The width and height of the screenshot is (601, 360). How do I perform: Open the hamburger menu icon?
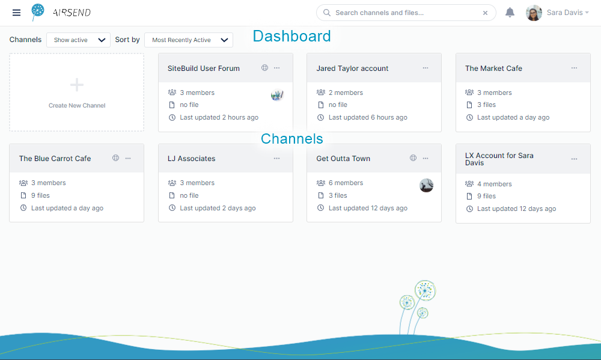(16, 13)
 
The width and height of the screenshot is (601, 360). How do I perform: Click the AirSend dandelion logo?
(37, 12)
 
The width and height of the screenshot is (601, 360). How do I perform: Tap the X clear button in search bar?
(485, 13)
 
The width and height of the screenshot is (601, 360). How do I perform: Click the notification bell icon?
(510, 13)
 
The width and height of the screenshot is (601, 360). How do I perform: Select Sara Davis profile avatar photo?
(534, 13)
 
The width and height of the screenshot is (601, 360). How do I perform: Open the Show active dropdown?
(78, 40)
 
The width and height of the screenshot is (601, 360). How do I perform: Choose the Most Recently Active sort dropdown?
(189, 40)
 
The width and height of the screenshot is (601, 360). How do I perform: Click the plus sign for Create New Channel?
(77, 85)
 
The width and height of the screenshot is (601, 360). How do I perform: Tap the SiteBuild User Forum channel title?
(204, 69)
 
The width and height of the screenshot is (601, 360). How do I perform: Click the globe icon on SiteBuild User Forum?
(265, 68)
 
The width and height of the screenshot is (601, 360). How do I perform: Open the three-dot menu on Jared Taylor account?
(426, 68)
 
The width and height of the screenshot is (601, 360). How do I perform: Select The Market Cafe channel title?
(493, 69)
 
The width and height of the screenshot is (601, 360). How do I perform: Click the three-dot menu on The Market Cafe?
(574, 68)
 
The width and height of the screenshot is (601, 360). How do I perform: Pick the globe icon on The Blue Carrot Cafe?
(116, 158)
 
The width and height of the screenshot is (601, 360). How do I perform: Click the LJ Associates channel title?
(191, 159)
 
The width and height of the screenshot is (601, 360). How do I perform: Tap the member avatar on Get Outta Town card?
(426, 186)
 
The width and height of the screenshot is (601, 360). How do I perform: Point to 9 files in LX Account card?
(486, 197)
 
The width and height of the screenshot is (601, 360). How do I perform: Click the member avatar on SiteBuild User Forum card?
(277, 95)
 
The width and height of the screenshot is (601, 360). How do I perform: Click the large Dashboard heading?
(291, 36)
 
